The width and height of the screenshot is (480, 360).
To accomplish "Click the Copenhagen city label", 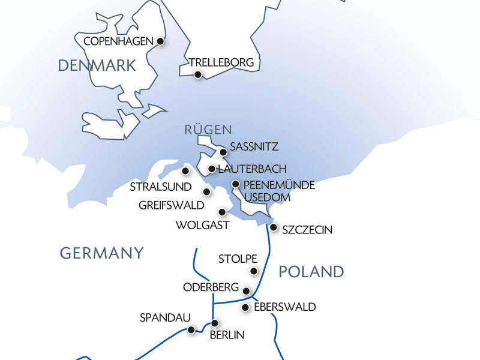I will [x=119, y=41].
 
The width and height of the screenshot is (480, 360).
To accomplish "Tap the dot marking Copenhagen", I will [x=160, y=41].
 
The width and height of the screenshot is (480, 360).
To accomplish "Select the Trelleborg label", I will [x=221, y=62].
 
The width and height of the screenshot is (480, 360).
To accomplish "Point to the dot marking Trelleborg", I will [x=197, y=75].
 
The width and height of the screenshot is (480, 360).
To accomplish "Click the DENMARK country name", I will [x=97, y=65].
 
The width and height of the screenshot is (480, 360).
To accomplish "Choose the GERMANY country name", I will [x=102, y=253].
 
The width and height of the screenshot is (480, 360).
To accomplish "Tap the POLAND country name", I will [x=311, y=272].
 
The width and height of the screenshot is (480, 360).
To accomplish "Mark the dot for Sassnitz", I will [x=223, y=152].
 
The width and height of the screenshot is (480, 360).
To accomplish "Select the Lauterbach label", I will [x=253, y=169].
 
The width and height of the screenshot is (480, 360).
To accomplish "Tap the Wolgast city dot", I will [x=222, y=212].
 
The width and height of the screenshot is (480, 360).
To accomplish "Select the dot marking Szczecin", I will [x=274, y=227].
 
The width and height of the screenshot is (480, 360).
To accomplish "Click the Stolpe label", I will [x=238, y=259].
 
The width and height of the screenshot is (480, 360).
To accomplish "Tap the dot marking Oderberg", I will [x=247, y=291].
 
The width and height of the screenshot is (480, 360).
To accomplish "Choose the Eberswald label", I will [x=285, y=307].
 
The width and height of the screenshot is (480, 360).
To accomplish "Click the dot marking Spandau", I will [x=191, y=329].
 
